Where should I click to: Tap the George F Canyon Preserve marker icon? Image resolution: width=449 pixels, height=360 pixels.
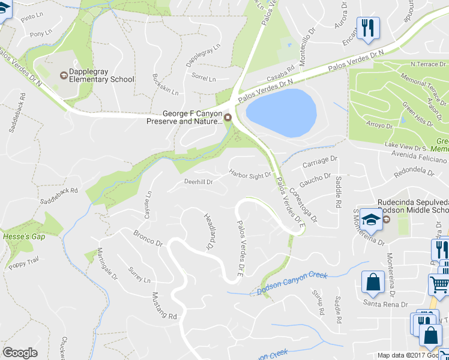point(228,116)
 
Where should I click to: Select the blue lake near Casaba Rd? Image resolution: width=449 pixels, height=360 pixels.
point(281,112)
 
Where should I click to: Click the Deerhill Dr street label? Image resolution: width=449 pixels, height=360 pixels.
point(198,181)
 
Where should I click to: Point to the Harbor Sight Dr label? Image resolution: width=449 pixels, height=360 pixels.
point(250,175)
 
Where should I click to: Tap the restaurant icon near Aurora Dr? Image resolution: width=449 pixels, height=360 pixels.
point(368,27)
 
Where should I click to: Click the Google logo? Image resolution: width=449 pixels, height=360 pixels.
point(20,353)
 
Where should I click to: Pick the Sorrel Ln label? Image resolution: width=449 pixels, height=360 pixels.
point(203,79)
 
